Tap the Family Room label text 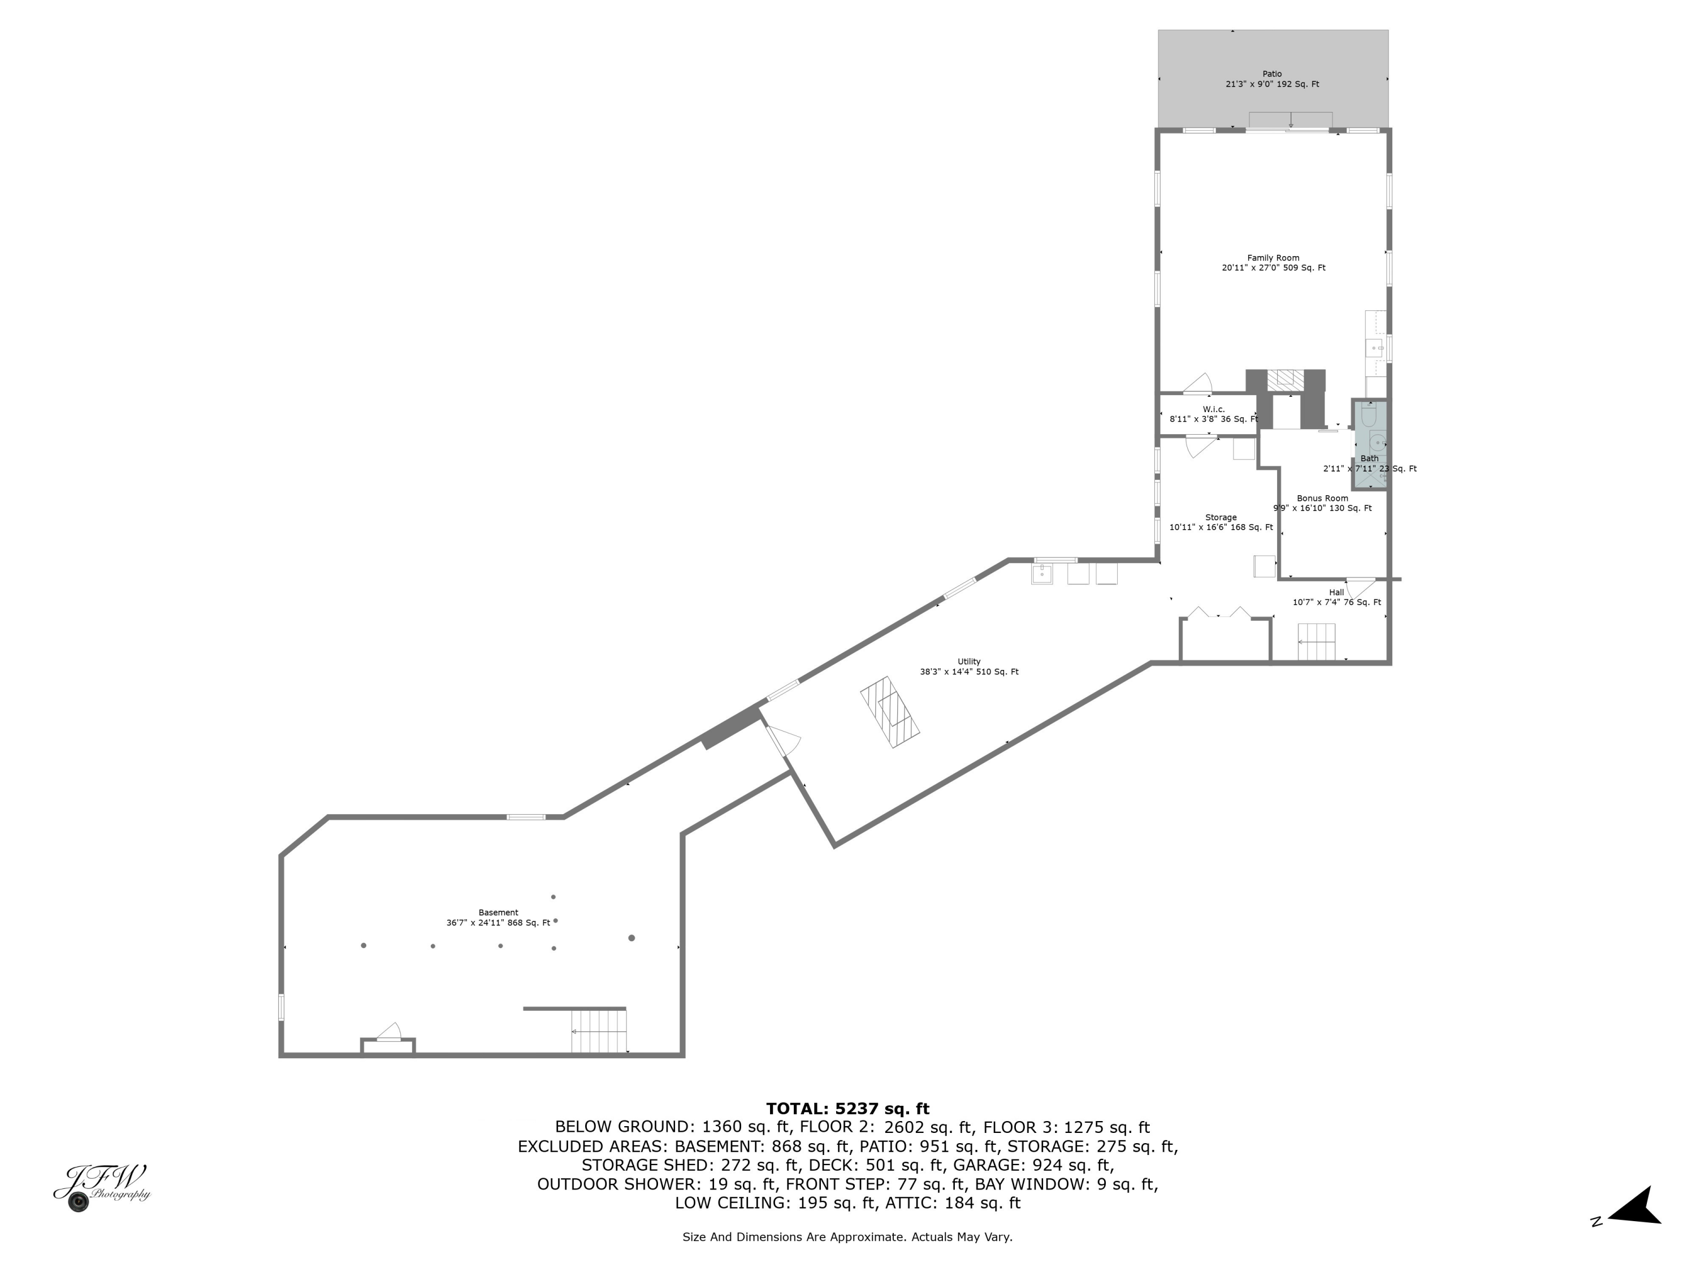click(x=1273, y=263)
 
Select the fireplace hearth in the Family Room click(x=1284, y=379)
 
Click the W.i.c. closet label click(x=1213, y=414)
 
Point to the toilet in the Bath click(x=1369, y=416)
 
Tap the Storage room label click(x=1221, y=522)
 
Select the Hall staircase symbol click(x=1316, y=641)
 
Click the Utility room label click(x=968, y=667)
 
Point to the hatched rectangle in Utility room click(x=889, y=712)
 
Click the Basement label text click(x=499, y=918)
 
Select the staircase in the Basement click(x=599, y=1031)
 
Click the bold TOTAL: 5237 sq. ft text click(x=847, y=1109)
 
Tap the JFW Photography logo click(x=101, y=1186)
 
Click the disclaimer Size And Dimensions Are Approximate click(x=847, y=1237)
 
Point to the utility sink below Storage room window click(x=1041, y=573)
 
